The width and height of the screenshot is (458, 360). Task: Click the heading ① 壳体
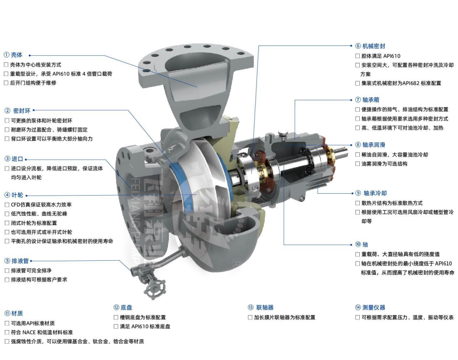click(13, 55)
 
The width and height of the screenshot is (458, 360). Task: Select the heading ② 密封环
click(17, 110)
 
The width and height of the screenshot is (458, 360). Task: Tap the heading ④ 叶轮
click(14, 195)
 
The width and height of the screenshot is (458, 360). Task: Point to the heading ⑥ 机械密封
click(370, 46)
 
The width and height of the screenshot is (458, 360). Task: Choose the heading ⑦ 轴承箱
click(367, 100)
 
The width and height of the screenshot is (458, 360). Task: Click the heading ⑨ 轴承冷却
click(371, 193)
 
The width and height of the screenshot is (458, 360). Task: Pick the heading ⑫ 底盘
click(123, 308)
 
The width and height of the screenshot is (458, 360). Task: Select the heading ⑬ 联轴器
click(261, 308)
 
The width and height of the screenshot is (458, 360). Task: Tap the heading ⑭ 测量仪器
click(370, 308)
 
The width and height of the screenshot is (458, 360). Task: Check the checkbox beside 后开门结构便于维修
click(6, 83)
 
